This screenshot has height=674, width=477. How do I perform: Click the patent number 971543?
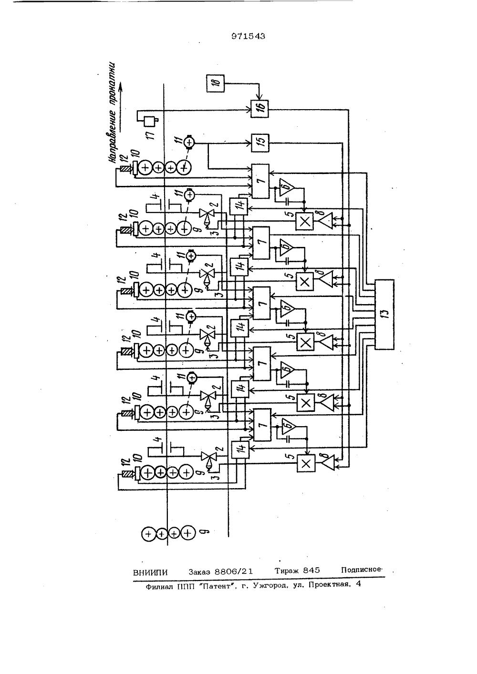point(248,36)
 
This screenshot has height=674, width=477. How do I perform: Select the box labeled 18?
point(215,83)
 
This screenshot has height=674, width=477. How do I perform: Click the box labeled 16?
point(259,109)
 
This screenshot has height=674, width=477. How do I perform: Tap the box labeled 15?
point(260,143)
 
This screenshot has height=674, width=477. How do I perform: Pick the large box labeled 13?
point(384,315)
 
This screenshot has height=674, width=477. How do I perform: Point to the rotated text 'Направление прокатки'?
point(112,113)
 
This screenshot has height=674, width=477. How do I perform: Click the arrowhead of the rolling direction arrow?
point(121,88)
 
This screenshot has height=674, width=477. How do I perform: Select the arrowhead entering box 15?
point(249,143)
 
